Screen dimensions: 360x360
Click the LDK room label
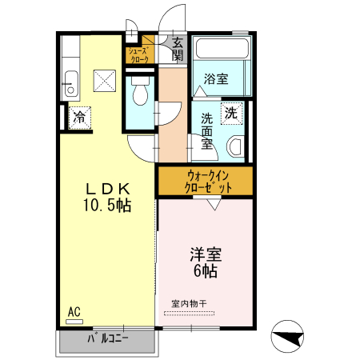click(x=109, y=189)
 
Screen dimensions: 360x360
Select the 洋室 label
click(x=206, y=255)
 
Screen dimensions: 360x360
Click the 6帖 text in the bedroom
click(x=206, y=271)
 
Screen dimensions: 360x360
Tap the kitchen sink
click(x=70, y=80)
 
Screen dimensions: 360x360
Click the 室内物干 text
click(x=190, y=303)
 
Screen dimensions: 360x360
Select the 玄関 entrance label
click(x=178, y=49)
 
